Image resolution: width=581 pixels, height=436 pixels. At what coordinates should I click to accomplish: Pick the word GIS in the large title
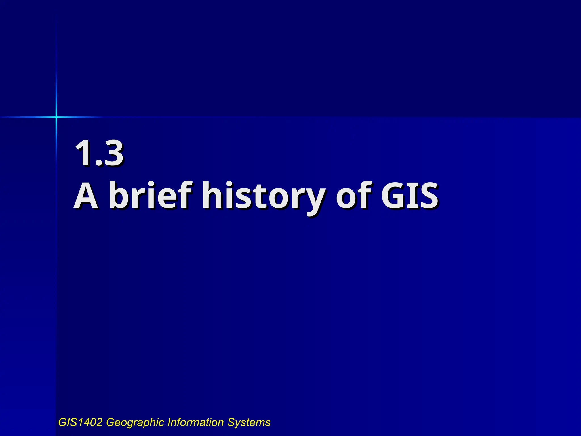tap(409, 196)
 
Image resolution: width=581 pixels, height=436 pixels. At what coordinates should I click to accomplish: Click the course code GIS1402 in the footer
tap(80, 422)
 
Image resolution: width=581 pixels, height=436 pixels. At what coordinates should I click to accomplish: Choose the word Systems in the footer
tap(249, 423)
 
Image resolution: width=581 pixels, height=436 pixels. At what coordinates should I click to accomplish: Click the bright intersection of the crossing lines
tap(56, 117)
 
